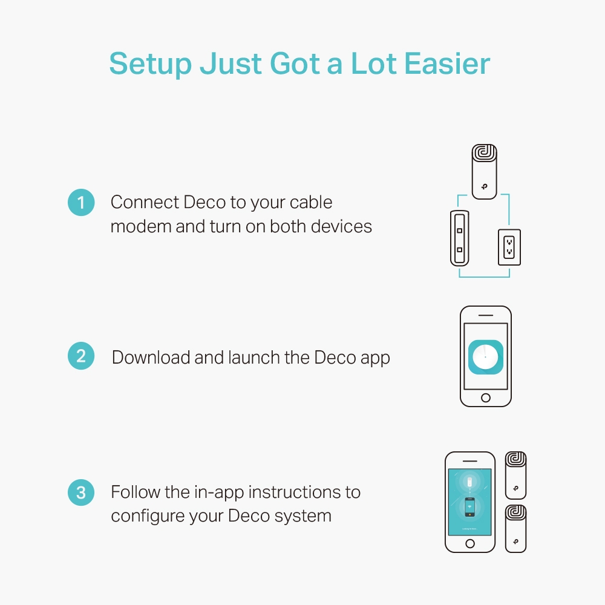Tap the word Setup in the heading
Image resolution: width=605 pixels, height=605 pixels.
[151, 64]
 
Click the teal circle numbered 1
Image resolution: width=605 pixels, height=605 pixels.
[81, 203]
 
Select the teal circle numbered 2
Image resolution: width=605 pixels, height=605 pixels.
[81, 356]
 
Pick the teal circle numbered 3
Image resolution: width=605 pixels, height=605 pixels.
[81, 492]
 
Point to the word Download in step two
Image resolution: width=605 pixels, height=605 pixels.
[151, 358]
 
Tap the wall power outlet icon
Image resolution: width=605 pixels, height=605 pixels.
[509, 247]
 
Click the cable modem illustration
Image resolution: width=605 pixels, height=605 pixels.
[460, 238]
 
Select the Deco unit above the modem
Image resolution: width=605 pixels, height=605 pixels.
[484, 171]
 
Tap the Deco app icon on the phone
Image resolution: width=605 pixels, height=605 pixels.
[485, 358]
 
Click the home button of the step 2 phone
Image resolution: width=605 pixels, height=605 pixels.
[485, 397]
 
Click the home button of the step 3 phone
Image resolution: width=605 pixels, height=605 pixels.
[469, 543]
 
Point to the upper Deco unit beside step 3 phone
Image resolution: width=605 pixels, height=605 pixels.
[515, 475]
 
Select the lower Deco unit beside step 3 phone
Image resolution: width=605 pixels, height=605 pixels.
[515, 528]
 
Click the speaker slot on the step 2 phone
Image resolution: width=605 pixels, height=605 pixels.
[485, 315]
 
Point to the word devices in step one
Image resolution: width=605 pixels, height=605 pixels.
[341, 226]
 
